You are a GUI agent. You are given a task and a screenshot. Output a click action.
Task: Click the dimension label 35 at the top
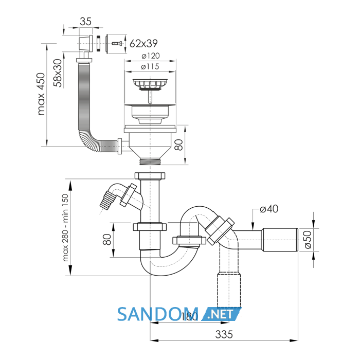tap(86, 22)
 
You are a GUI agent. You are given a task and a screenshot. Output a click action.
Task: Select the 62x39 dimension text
tap(143, 43)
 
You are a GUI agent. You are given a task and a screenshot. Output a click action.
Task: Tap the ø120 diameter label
tap(150, 56)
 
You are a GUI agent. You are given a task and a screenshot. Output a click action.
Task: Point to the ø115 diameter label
tap(150, 66)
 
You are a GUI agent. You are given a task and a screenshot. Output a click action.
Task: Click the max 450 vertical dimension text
tap(41, 94)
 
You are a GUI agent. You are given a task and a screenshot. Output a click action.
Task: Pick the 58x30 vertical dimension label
tap(58, 73)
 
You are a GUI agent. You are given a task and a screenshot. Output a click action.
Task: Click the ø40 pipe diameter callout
tap(269, 209)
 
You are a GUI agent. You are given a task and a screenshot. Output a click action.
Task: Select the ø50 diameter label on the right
tap(308, 240)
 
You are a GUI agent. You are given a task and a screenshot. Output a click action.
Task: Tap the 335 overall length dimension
tap(224, 334)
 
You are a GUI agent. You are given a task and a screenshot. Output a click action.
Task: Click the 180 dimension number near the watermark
tap(189, 317)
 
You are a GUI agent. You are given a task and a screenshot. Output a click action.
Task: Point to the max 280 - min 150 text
tap(65, 228)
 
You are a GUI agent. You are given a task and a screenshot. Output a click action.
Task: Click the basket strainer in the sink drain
tap(150, 85)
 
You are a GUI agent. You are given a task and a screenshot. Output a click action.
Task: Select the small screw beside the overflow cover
tap(117, 44)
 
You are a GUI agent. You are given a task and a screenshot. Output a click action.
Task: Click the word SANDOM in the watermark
tap(158, 314)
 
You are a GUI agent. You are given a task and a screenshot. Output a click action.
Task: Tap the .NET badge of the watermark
tap(221, 314)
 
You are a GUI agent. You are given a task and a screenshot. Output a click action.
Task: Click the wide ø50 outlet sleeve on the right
tap(280, 240)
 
